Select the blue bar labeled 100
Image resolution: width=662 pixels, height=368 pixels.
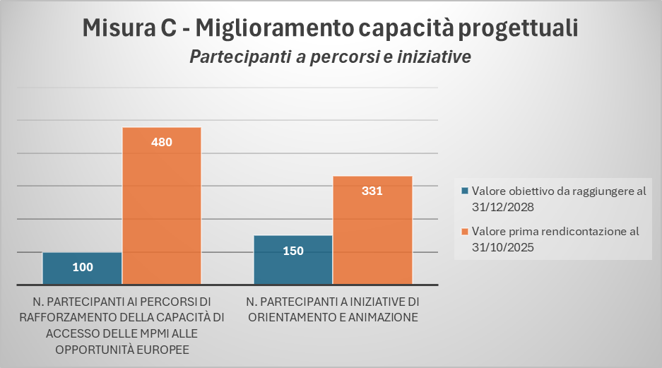point(82,268)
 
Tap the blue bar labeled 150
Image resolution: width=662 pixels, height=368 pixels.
point(292,259)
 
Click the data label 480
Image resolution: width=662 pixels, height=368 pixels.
point(162,142)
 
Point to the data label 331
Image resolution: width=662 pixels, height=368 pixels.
point(372,190)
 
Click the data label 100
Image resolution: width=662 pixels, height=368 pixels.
point(82,267)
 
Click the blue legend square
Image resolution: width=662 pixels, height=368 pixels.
point(464,191)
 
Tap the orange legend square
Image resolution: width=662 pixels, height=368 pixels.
point(464,231)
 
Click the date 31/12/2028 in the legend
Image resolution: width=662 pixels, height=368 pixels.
point(502,207)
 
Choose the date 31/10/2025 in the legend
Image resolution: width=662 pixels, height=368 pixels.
point(502,247)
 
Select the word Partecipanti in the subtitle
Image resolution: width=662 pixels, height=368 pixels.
point(235,57)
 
